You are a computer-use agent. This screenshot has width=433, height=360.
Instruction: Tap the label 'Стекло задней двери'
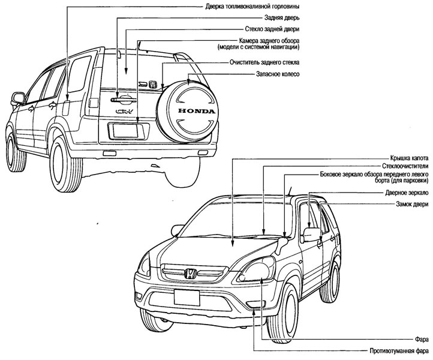click(x=272, y=29)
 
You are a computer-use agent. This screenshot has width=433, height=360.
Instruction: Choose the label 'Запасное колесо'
click(x=277, y=74)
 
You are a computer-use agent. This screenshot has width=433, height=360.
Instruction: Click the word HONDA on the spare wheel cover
click(x=194, y=112)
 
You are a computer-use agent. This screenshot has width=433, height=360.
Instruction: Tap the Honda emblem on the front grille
click(x=190, y=274)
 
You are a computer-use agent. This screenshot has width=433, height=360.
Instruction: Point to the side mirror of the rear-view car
click(x=17, y=97)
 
